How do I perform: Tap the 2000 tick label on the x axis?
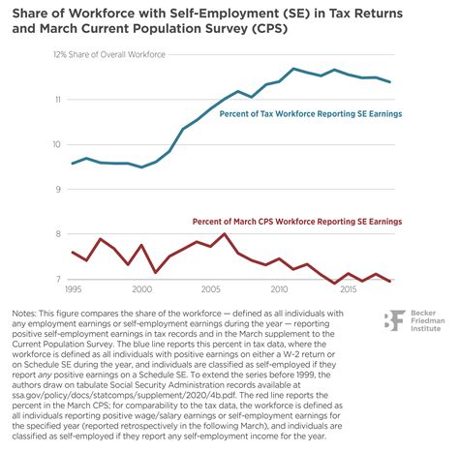coord(142,289)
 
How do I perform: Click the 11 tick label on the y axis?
coord(57,100)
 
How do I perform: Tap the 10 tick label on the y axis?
coord(57,145)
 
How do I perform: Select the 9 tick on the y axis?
coord(58,190)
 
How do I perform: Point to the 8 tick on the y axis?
coord(58,234)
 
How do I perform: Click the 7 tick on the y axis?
coord(58,279)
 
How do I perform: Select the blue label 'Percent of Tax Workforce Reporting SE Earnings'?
coord(316,113)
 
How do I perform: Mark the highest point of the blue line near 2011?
coord(293,69)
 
